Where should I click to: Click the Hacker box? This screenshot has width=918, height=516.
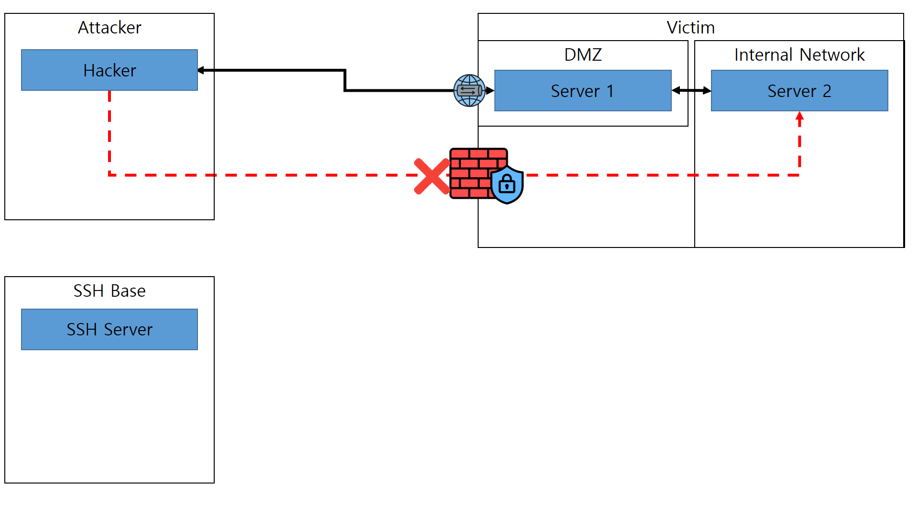click(x=109, y=70)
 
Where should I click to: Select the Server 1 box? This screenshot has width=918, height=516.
click(x=582, y=91)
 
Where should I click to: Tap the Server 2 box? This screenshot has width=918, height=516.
click(x=799, y=91)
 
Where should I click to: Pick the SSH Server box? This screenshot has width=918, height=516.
click(x=109, y=329)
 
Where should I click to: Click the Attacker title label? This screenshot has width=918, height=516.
click(x=109, y=28)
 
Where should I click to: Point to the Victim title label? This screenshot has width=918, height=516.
click(x=690, y=28)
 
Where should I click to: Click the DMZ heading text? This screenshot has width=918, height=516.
click(x=582, y=55)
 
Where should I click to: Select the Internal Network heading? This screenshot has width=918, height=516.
click(x=799, y=55)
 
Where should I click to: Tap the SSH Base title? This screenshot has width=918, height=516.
click(x=109, y=291)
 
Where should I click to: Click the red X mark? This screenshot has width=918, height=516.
click(x=432, y=176)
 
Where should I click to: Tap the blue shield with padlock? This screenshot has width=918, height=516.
click(x=507, y=184)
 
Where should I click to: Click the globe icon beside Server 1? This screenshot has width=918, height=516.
click(x=469, y=90)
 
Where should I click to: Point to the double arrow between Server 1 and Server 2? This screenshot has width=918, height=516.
click(x=691, y=90)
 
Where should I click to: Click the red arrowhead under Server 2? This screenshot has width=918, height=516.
click(x=799, y=116)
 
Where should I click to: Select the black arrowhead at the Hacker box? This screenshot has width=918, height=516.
click(x=201, y=70)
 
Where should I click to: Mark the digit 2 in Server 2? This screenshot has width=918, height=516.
click(x=827, y=91)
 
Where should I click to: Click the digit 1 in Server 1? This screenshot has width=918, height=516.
click(x=610, y=91)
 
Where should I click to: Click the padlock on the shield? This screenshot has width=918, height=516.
click(x=507, y=184)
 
